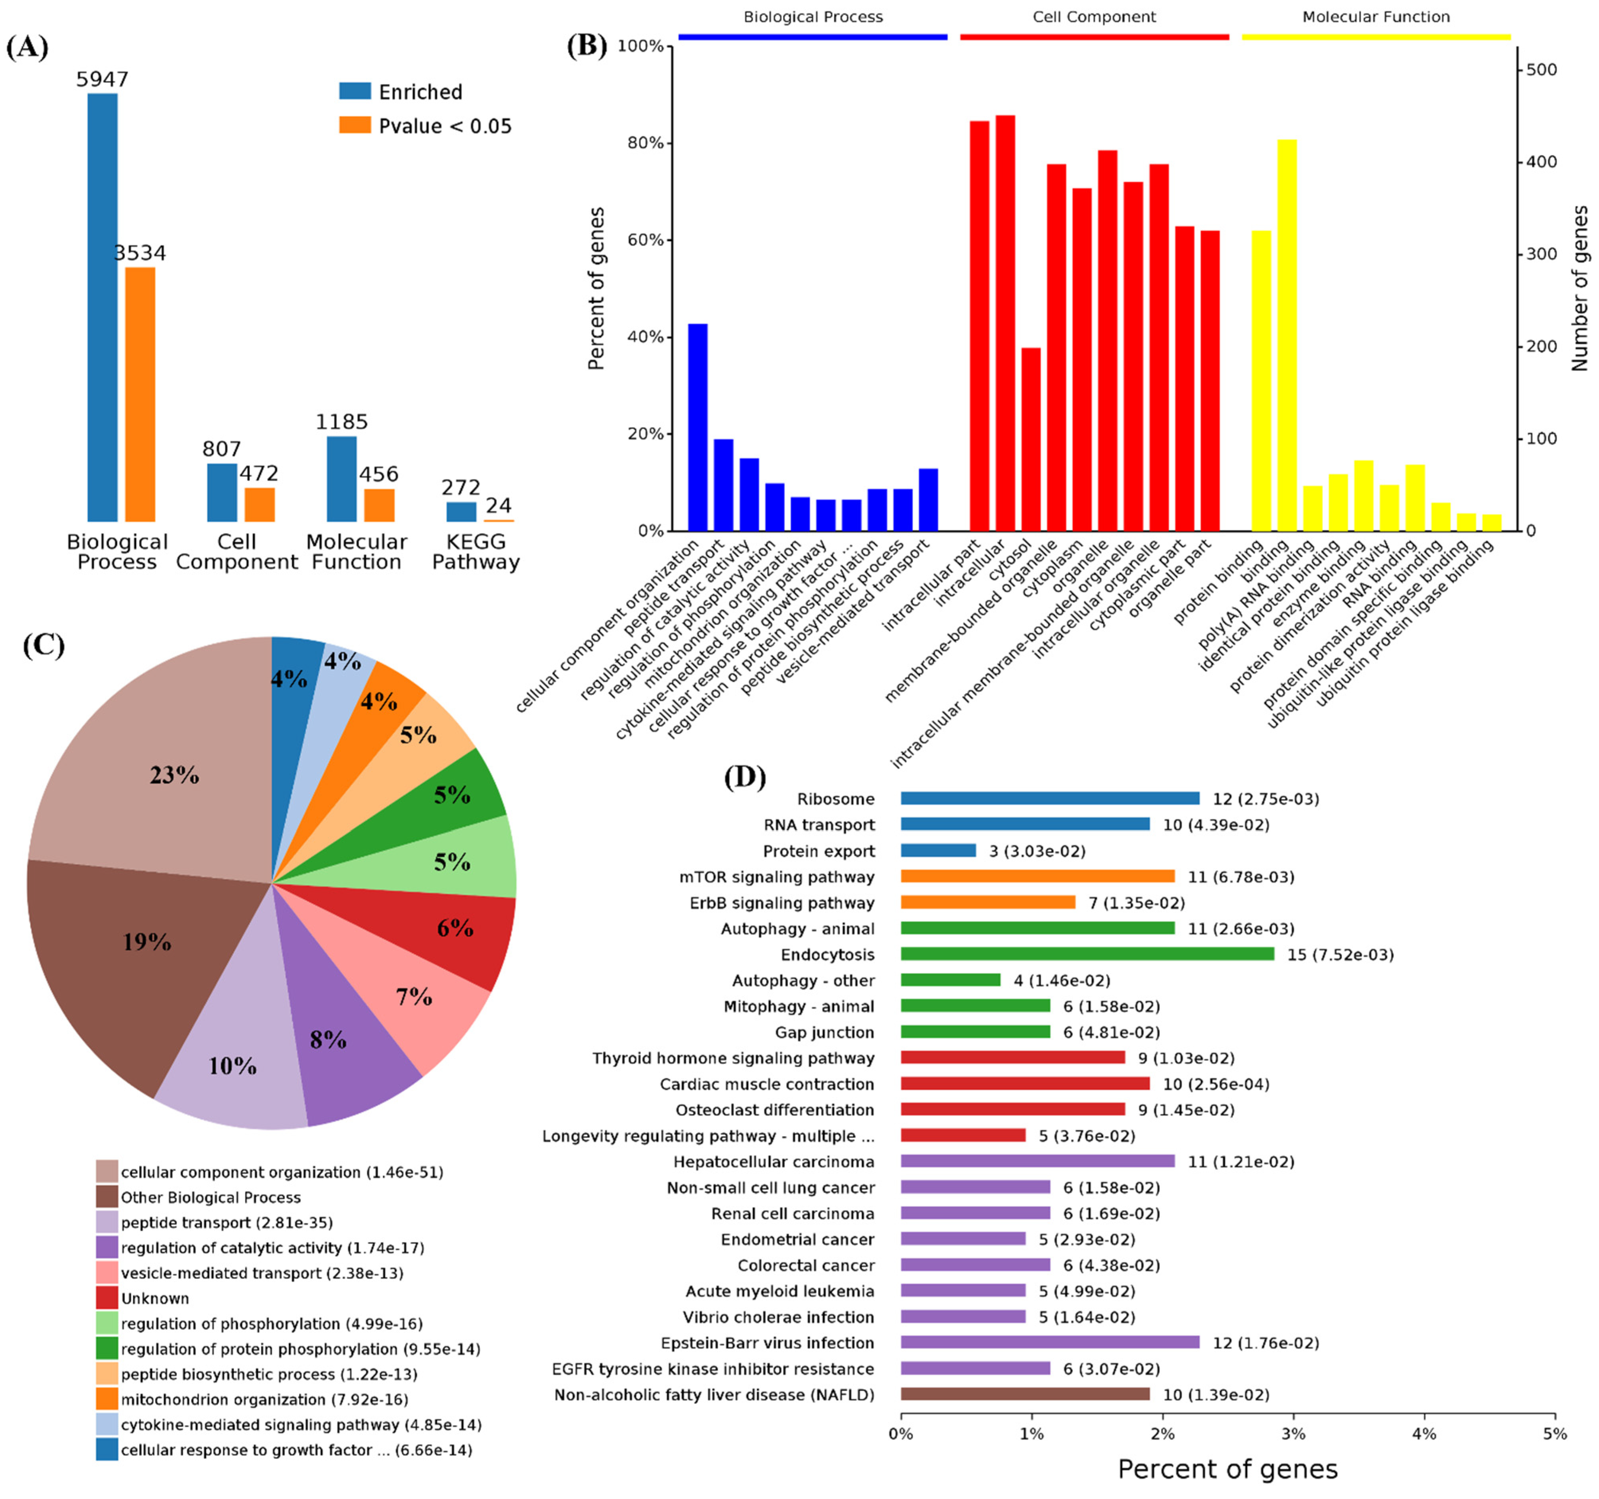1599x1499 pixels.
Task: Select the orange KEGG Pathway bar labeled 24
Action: [499, 521]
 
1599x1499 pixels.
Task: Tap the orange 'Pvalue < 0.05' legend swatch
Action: [355, 125]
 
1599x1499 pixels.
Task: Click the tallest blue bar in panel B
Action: [697, 426]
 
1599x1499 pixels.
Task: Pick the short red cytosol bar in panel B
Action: [1030, 439]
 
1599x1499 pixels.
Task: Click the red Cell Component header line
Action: [1094, 36]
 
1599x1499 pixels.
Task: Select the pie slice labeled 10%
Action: [233, 1070]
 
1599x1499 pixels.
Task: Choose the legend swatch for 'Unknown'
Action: [107, 1298]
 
